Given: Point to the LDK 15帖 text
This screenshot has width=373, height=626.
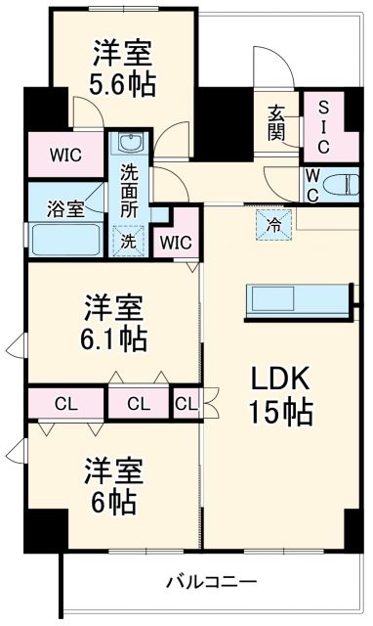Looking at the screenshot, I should [281, 394].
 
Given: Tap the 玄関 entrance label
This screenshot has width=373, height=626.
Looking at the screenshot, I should [277, 121].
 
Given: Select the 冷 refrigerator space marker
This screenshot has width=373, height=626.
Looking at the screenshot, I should [273, 223].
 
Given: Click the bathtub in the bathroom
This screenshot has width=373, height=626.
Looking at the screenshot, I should [64, 238].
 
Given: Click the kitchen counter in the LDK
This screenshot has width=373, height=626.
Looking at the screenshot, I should [297, 298].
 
